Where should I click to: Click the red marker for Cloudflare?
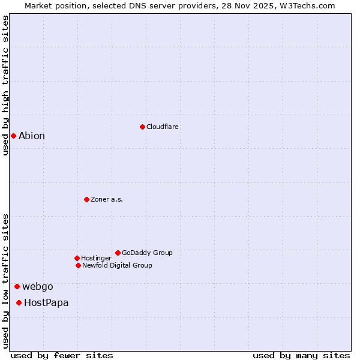point(142,127)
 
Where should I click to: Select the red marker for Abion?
point(13,136)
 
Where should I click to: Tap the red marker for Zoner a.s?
point(86,199)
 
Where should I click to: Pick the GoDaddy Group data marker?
point(118,253)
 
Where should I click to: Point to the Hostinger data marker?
point(77,258)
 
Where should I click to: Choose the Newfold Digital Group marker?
point(78,265)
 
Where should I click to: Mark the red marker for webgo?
point(17,286)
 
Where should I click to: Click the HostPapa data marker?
point(19,302)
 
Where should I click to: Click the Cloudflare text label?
point(163,127)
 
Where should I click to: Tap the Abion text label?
point(32,136)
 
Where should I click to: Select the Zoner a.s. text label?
point(107,199)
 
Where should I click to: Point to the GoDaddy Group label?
point(147,253)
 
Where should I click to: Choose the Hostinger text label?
point(96,258)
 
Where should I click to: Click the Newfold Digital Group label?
point(117,265)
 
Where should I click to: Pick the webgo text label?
point(38,286)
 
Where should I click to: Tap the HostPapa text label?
point(46,302)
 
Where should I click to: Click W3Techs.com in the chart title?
point(307,5)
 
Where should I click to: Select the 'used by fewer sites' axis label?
point(62,355)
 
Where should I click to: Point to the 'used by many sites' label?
point(301,355)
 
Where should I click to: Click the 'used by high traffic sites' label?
point(5,85)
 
